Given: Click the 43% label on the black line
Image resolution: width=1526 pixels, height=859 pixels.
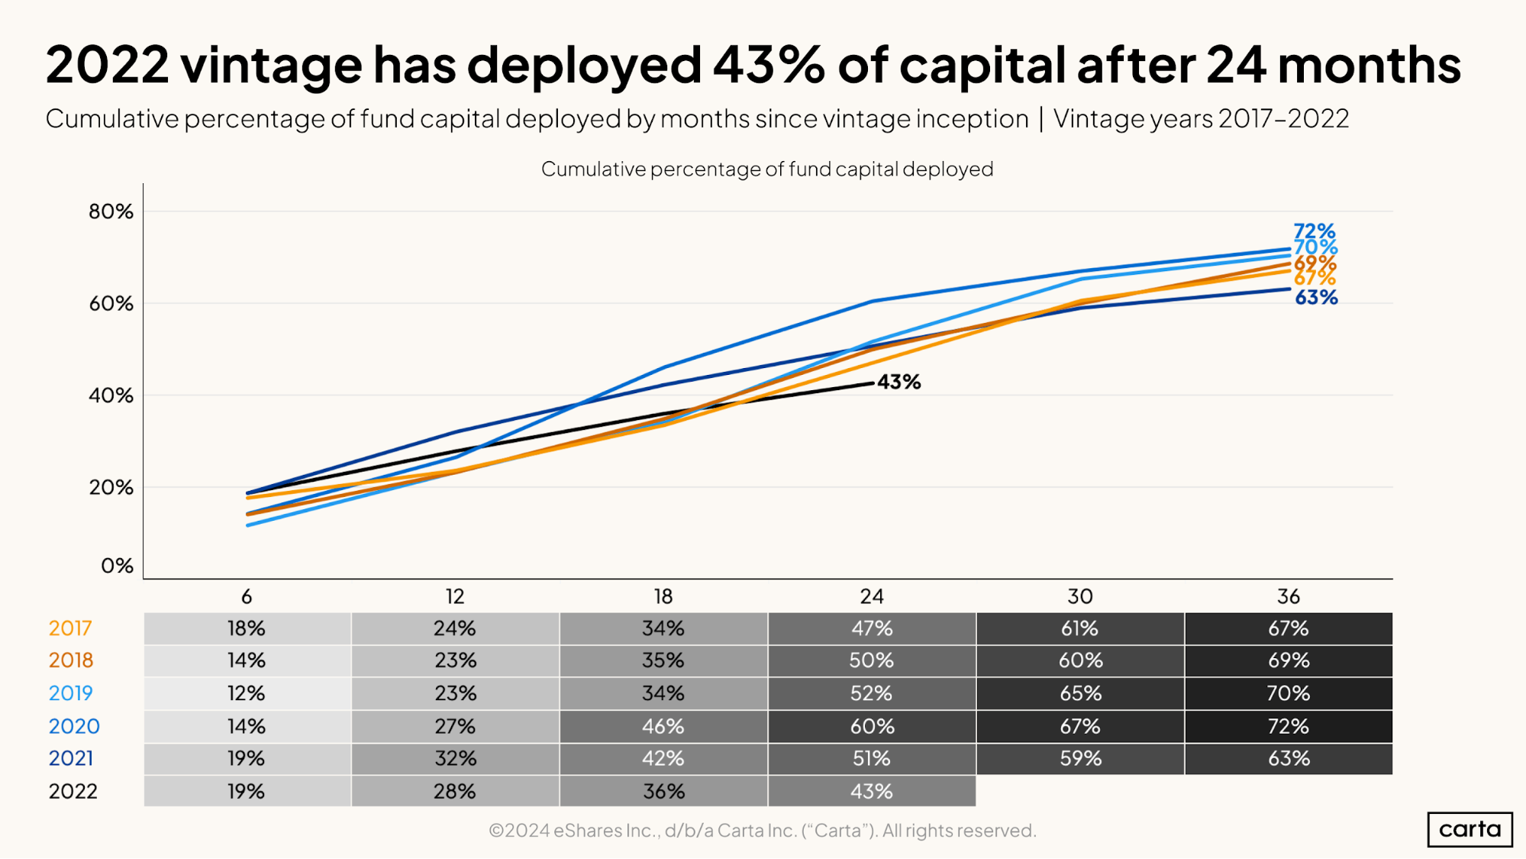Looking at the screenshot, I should (899, 382).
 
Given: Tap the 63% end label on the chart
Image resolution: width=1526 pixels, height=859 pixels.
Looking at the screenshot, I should (1316, 298).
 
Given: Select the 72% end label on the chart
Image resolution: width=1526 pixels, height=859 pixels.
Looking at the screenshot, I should (1314, 231).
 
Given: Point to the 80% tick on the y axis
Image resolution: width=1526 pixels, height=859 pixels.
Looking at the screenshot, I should (111, 212).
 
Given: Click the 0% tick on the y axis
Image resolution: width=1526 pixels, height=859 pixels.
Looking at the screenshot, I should (117, 566).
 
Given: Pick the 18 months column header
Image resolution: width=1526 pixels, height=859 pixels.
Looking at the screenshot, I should (663, 596).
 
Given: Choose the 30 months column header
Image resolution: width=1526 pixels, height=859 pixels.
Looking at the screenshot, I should (1079, 596).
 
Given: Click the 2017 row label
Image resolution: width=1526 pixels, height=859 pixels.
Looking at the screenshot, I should (70, 628).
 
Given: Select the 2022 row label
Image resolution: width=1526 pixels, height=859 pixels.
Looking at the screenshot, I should (73, 791).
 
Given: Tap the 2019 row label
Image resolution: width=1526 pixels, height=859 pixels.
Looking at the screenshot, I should (70, 693).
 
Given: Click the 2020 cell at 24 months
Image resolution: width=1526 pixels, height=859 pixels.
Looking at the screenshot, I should (872, 726).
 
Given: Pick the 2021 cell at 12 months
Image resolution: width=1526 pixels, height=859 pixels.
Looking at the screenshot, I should (455, 758).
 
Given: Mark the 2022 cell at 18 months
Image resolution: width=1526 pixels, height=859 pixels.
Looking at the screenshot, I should (663, 791).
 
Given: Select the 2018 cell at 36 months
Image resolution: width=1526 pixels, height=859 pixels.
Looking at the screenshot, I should (1289, 660).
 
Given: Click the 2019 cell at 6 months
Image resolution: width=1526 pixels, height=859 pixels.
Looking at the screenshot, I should (247, 693).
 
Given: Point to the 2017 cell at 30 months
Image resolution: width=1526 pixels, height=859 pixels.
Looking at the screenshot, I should (1079, 628).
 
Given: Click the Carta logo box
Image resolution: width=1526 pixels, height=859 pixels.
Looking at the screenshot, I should (1470, 829).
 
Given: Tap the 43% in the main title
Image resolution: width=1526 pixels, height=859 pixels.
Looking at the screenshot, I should (768, 64).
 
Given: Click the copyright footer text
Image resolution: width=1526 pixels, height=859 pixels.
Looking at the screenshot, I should (762, 830).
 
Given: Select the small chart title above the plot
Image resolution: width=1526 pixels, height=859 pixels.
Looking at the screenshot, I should (766, 169).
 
